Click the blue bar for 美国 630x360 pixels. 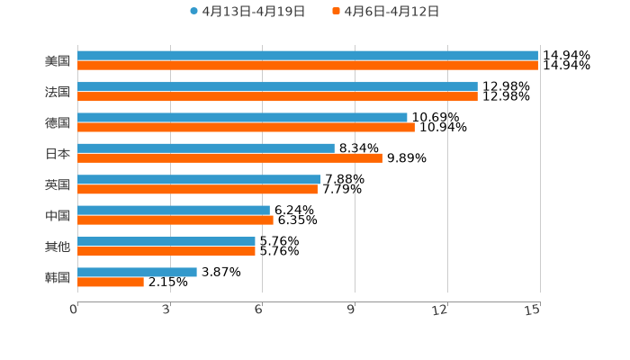pyautogui.click(x=308, y=56)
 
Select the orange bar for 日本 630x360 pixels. pyautogui.click(x=229, y=158)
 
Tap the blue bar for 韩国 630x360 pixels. pyautogui.click(x=137, y=272)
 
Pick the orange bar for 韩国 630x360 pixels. pyautogui.click(x=111, y=283)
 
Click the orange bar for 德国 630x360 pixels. pyautogui.click(x=246, y=127)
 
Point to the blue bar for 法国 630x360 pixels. pyautogui.click(x=277, y=86)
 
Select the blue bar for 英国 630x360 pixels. pyautogui.click(x=199, y=179)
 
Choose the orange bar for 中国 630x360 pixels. pyautogui.click(x=175, y=220)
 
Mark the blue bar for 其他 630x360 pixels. pyautogui.click(x=166, y=241)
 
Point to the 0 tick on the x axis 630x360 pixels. pyautogui.click(x=74, y=310)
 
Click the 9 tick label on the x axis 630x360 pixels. pyautogui.click(x=352, y=310)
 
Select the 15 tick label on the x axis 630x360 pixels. pyautogui.click(x=533, y=310)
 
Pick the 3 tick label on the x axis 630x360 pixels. pyautogui.click(x=166, y=310)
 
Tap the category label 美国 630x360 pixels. pyautogui.click(x=58, y=61)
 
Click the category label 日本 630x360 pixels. pyautogui.click(x=58, y=154)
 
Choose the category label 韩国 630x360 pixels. pyautogui.click(x=58, y=277)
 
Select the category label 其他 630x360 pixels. pyautogui.click(x=58, y=247)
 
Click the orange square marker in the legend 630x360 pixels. pyautogui.click(x=336, y=12)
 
